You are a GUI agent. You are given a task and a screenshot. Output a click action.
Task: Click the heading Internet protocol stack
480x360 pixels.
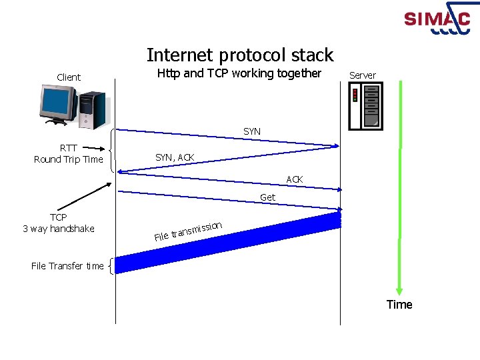239,55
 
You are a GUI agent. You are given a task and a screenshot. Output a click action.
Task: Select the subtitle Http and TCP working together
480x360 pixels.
239,73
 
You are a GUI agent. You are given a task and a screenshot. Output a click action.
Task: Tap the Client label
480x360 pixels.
69,77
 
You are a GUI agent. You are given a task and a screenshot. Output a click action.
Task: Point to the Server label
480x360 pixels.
363,75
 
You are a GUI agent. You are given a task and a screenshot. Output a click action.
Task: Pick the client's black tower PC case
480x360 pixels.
91,110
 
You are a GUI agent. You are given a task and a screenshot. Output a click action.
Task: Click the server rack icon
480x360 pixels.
366,106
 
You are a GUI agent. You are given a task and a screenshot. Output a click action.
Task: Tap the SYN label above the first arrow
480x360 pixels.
252,132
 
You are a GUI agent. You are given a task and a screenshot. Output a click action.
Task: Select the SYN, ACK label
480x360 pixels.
175,157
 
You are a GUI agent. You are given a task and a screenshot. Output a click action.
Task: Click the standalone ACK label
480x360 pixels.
295,179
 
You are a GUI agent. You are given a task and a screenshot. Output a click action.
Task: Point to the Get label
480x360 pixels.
267,197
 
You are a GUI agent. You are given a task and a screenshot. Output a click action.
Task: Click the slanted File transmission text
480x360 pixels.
188,231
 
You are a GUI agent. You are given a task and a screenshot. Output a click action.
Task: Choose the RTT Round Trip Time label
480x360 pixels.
68,153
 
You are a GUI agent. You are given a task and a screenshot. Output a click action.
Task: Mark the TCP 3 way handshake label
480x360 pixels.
59,223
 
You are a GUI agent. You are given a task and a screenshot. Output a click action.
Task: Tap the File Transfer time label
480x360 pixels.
67,266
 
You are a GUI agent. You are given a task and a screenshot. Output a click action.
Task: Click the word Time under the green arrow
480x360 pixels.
399,305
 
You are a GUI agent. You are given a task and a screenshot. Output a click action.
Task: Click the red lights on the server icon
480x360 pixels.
355,95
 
